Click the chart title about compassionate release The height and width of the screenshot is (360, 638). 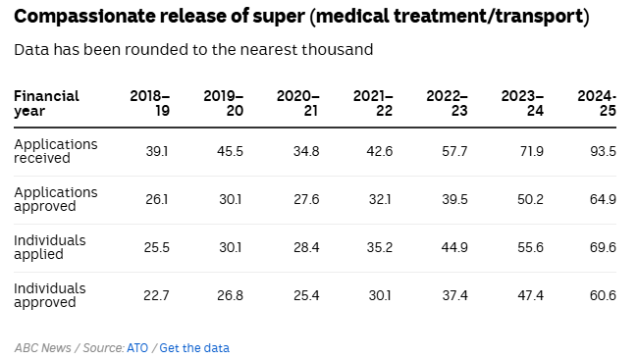click(301, 18)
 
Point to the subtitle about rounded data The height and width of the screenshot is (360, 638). click(193, 49)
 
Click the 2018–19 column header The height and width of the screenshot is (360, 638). click(150, 103)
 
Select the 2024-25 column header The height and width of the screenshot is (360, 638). click(597, 103)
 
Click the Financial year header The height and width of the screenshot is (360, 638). click(46, 103)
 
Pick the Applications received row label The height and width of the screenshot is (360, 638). click(56, 151)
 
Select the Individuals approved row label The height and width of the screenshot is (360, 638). click(49, 295)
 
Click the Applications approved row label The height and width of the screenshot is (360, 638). click(56, 199)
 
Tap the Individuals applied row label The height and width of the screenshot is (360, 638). click(49, 247)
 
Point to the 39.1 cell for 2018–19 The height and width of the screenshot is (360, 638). click(157, 151)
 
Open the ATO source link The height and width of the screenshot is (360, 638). click(137, 347)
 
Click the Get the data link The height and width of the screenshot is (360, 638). click(194, 347)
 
